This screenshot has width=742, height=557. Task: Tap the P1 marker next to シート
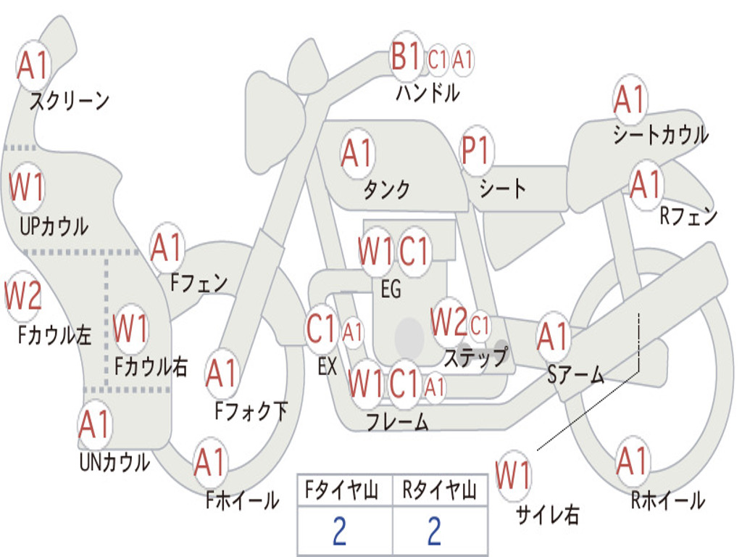coord(475,150)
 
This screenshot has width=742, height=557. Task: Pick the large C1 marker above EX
coord(321,329)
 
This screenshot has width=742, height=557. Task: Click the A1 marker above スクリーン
coord(33,65)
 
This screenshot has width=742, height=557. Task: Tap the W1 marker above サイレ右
coord(513,474)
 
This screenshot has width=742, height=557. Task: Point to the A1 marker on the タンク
coord(357,153)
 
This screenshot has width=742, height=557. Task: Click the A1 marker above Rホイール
coord(632,461)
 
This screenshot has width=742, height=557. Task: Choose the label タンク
coord(386,189)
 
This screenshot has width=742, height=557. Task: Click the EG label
coord(391,289)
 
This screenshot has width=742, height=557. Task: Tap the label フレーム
coord(398,421)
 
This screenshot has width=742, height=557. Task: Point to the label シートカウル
coord(661,134)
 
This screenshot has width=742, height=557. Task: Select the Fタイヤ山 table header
coord(341,490)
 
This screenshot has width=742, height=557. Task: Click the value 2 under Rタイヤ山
coord(435,530)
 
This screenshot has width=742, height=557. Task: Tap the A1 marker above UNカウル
coord(95,424)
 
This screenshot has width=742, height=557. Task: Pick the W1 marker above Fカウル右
coord(130,329)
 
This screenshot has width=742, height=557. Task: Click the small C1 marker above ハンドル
coord(437,59)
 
